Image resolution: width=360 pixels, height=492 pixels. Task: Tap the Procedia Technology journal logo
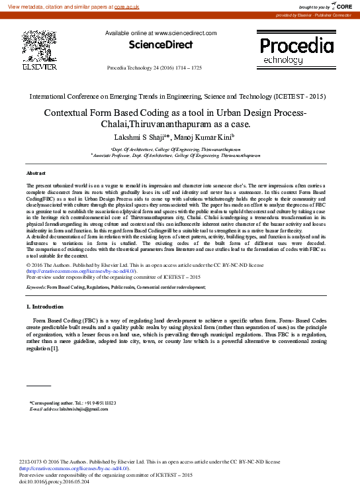point(296,52)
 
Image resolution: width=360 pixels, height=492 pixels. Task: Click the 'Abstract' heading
point(36,172)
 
